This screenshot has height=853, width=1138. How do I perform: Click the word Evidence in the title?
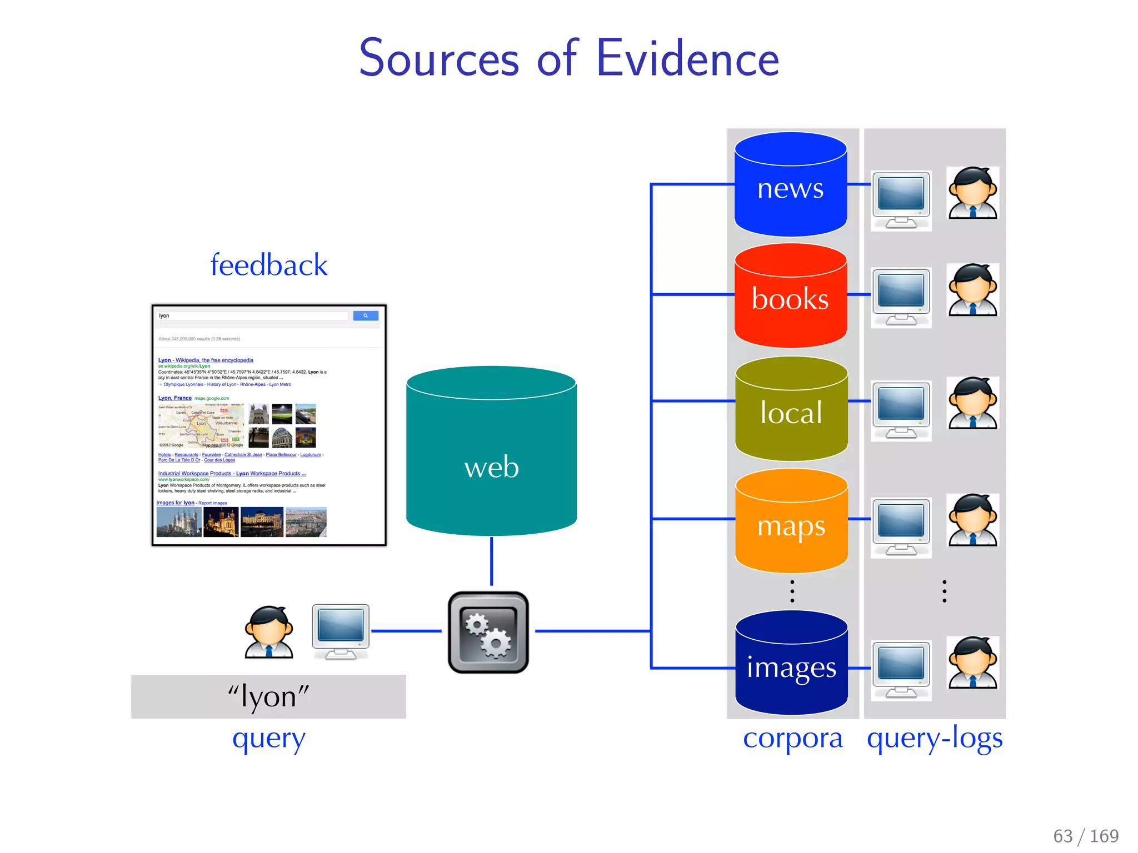point(687,59)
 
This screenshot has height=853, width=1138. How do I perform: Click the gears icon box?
point(488,632)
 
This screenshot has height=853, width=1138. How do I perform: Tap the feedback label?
point(269,265)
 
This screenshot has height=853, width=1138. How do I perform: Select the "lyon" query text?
point(268,696)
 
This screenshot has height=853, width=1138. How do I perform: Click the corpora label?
point(792,739)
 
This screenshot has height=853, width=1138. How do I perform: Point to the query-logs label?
point(935,739)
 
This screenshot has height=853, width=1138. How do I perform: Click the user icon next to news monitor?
point(973,193)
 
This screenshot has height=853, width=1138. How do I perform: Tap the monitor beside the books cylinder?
point(901,297)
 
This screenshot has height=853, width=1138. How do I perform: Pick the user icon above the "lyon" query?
point(269,632)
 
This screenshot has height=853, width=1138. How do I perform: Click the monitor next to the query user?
point(341,631)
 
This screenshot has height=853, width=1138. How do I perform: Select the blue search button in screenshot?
point(366,315)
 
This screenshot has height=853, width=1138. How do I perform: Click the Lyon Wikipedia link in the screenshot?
point(206,360)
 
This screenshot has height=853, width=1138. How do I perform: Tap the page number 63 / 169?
point(1085,836)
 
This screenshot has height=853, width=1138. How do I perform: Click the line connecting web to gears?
point(491,561)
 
